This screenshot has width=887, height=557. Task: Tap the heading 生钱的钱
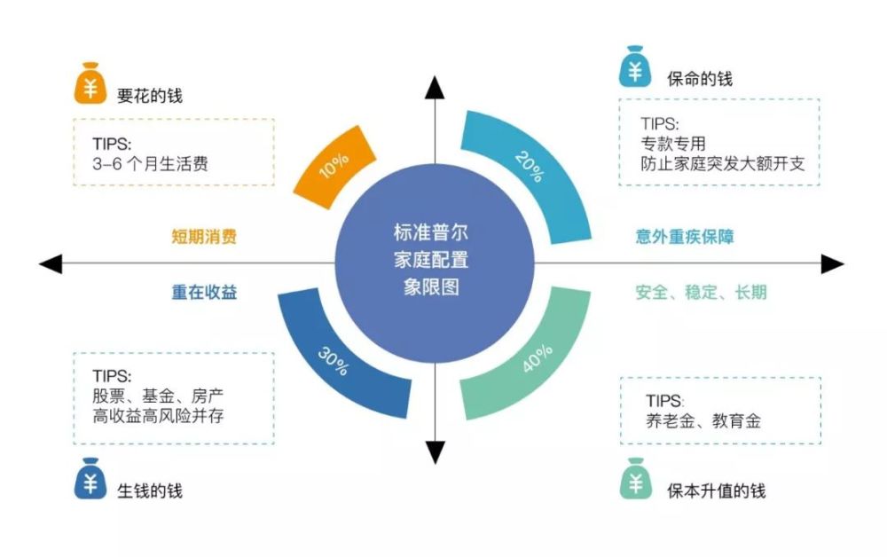pos(150,490)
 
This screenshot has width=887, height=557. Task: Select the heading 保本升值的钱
pos(716,490)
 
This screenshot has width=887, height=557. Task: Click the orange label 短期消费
pos(204,237)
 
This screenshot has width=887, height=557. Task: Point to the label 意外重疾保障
pos(685,237)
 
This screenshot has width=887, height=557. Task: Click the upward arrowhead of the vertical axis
pos(435,87)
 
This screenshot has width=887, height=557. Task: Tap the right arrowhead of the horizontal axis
pos(831,263)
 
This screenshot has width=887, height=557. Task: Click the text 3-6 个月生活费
pos(151,164)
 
